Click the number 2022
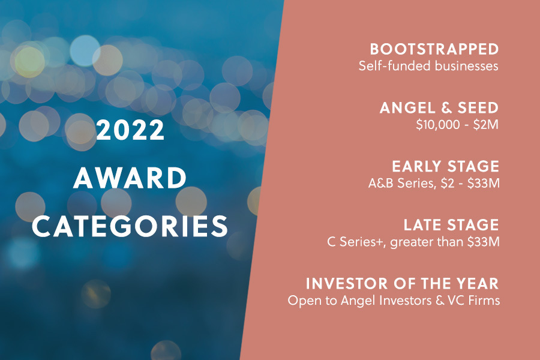coord(130,130)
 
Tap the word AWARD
coord(130,178)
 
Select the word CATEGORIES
coord(130,226)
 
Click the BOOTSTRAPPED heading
coord(434,49)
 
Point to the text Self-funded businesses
coord(428,66)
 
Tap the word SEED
coord(478,108)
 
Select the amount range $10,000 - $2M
coord(457,124)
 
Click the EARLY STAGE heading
coord(446,166)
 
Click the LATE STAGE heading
coord(451,225)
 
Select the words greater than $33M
coord(445,242)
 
